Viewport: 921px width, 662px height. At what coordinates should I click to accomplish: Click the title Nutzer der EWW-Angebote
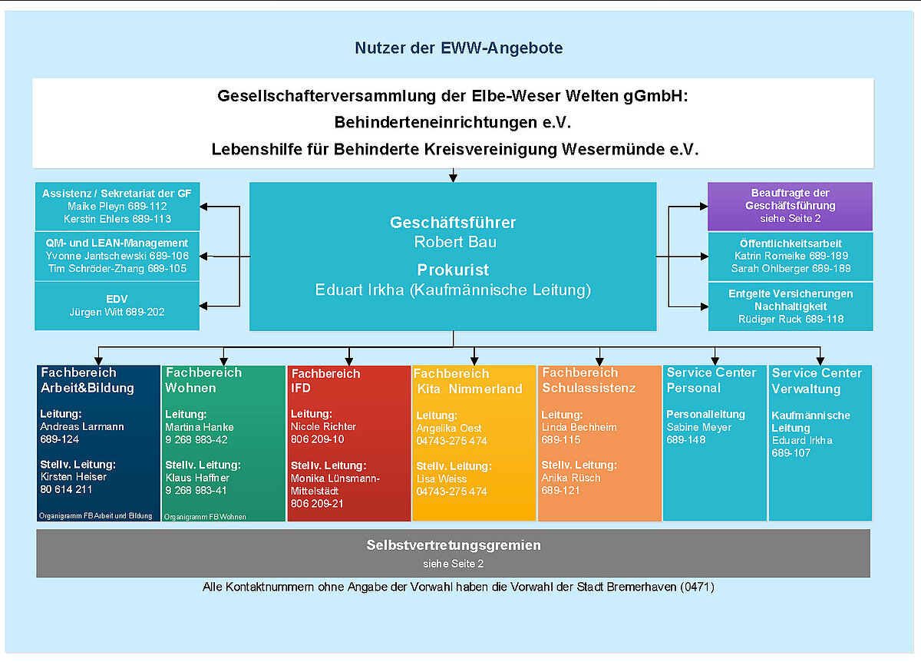458,48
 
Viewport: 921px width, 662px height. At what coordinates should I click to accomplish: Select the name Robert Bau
455,242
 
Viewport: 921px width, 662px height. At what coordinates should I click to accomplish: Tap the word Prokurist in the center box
453,270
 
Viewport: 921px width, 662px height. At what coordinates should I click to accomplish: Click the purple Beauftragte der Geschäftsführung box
790,206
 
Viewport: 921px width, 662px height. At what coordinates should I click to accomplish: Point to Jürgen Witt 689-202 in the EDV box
117,312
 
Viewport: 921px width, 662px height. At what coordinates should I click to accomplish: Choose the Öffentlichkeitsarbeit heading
791,243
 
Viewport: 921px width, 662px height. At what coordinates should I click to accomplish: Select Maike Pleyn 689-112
117,206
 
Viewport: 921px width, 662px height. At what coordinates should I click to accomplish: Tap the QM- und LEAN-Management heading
117,243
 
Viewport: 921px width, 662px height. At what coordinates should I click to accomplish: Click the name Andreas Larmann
82,427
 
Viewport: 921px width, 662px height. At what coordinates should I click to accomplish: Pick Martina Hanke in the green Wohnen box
200,427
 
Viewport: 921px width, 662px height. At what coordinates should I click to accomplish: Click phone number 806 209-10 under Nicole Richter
318,439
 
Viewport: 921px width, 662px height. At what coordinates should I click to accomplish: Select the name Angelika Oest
448,429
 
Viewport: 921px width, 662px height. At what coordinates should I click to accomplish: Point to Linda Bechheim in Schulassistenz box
579,428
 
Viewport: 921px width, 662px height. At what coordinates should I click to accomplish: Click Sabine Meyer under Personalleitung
699,428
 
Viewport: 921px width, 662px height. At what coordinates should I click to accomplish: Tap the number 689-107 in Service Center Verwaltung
791,453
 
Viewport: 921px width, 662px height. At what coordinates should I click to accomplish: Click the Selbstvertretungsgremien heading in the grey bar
454,545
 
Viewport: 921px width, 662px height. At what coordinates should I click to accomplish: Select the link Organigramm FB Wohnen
205,517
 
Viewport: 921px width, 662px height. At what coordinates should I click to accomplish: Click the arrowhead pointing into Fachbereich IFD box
349,362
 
